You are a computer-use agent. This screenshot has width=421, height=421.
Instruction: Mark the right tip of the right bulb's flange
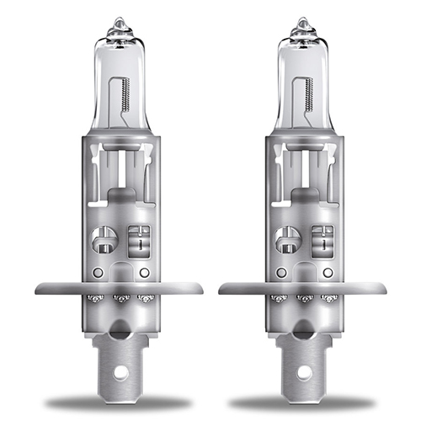pyautogui.click(x=383, y=288)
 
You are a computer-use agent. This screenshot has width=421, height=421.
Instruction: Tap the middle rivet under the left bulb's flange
pyautogui.click(x=120, y=298)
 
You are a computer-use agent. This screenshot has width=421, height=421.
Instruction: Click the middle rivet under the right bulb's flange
pyautogui.click(x=302, y=298)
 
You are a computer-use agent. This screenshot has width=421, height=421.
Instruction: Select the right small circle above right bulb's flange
pyautogui.click(x=327, y=274)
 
